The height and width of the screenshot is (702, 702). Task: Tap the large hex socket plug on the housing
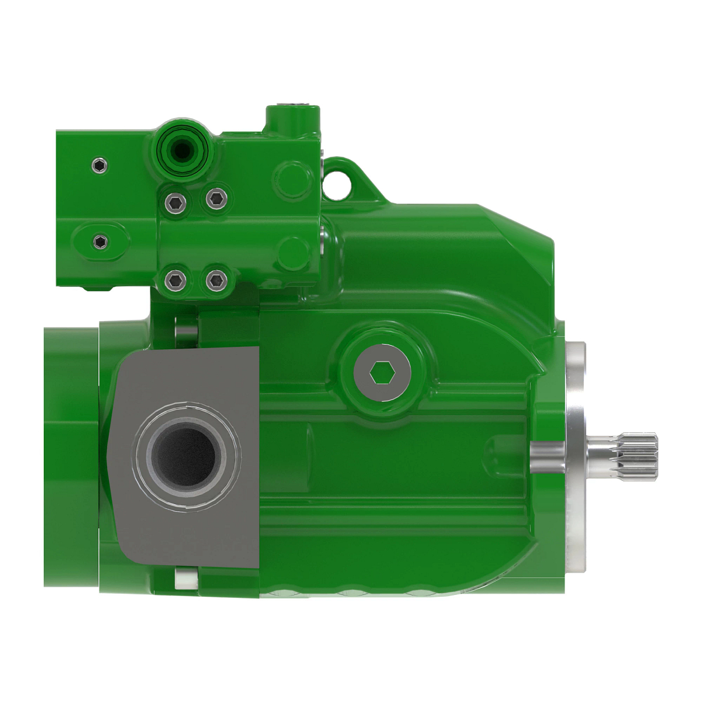(382, 372)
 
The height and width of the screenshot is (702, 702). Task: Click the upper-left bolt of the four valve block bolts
(175, 203)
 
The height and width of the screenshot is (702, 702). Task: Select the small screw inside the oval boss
(101, 241)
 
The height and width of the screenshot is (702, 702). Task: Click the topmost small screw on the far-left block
(101, 166)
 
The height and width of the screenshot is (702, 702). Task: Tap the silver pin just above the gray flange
(187, 331)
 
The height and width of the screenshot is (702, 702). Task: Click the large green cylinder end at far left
(70, 456)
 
